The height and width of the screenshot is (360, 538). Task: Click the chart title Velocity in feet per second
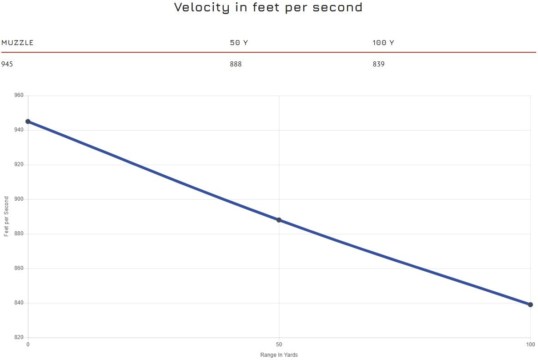tap(268, 8)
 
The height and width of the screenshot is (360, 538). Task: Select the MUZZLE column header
tap(17, 43)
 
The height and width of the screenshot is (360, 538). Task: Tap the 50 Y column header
tap(239, 43)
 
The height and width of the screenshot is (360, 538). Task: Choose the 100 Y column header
tap(383, 43)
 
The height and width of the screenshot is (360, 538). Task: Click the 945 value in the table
tap(7, 64)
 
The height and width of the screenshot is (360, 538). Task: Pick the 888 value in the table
tap(236, 64)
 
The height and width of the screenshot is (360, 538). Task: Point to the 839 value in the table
tap(378, 64)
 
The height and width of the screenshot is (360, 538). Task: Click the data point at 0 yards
tap(28, 122)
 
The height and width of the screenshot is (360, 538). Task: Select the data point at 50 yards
tap(279, 220)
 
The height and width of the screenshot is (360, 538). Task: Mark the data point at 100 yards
tap(530, 304)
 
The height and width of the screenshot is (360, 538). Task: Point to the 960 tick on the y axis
tap(19, 96)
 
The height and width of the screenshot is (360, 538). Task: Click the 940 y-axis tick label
tap(19, 130)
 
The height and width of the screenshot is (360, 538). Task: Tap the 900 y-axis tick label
tap(19, 199)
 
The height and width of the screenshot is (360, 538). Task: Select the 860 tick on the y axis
tap(19, 269)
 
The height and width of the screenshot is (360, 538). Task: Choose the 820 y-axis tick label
tap(19, 338)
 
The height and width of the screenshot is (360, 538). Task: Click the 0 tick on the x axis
tap(28, 344)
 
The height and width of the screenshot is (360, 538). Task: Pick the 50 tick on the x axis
tap(279, 344)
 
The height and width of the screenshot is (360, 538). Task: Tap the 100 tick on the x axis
tap(530, 344)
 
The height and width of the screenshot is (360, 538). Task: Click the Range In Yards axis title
tap(279, 355)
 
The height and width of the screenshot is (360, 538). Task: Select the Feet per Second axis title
tap(6, 217)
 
